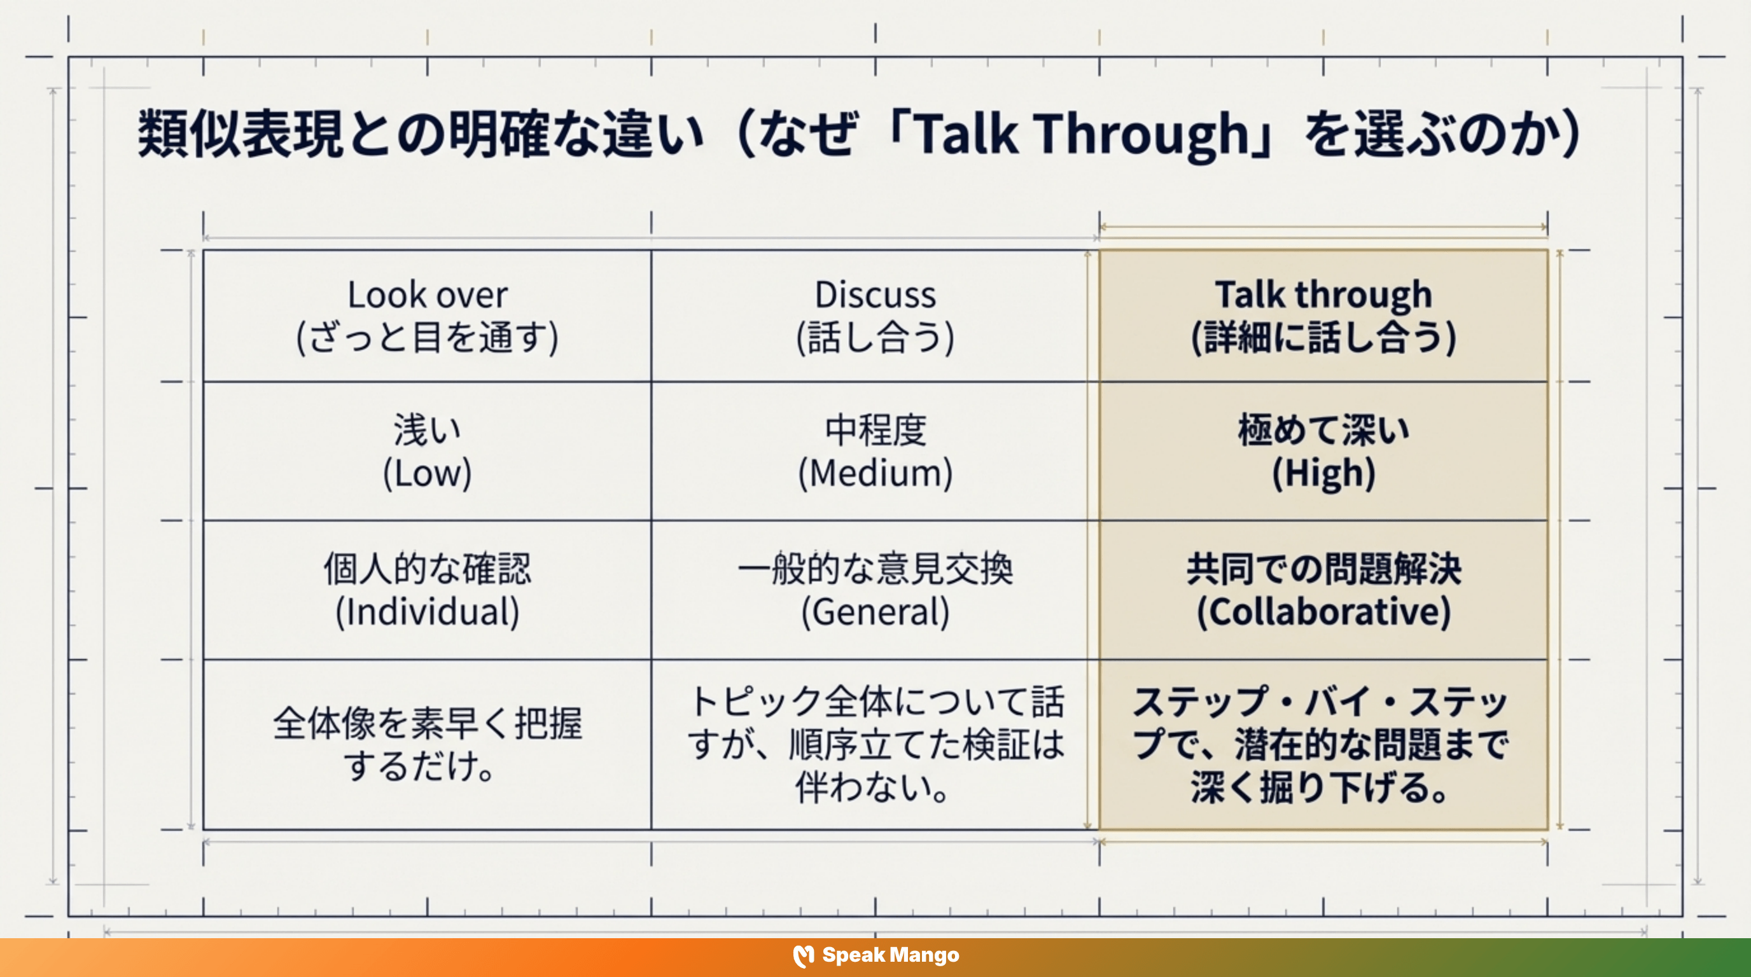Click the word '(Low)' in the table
pos(427,474)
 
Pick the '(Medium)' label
pos(875,474)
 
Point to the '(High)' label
pos(1323,474)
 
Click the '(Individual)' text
pos(427,612)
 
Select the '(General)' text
pos(875,612)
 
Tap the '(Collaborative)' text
pos(1323,612)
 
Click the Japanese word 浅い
pos(427,430)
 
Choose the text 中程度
pos(875,430)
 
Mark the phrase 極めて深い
pos(1323,430)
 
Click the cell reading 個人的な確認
pos(427,569)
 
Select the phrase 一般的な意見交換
pos(875,569)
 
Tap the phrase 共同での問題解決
pos(1323,569)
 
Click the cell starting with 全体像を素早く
pos(427,744)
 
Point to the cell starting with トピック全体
pos(875,744)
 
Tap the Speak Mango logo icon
pos(803,956)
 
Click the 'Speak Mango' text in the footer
pos(891,955)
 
